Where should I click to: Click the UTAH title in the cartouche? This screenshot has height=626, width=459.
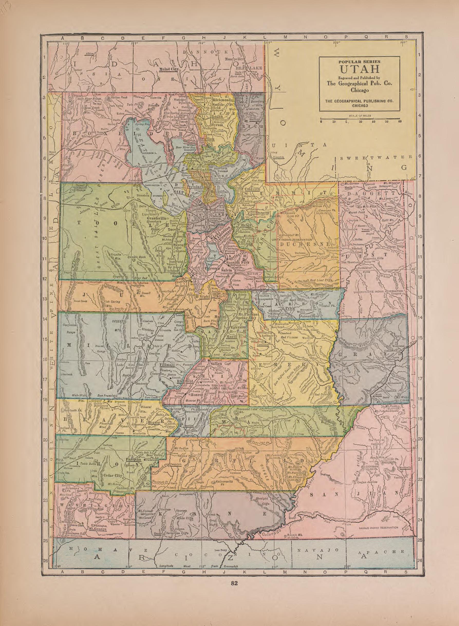point(359,68)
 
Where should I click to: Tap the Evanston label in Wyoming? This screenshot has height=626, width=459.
point(278,157)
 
